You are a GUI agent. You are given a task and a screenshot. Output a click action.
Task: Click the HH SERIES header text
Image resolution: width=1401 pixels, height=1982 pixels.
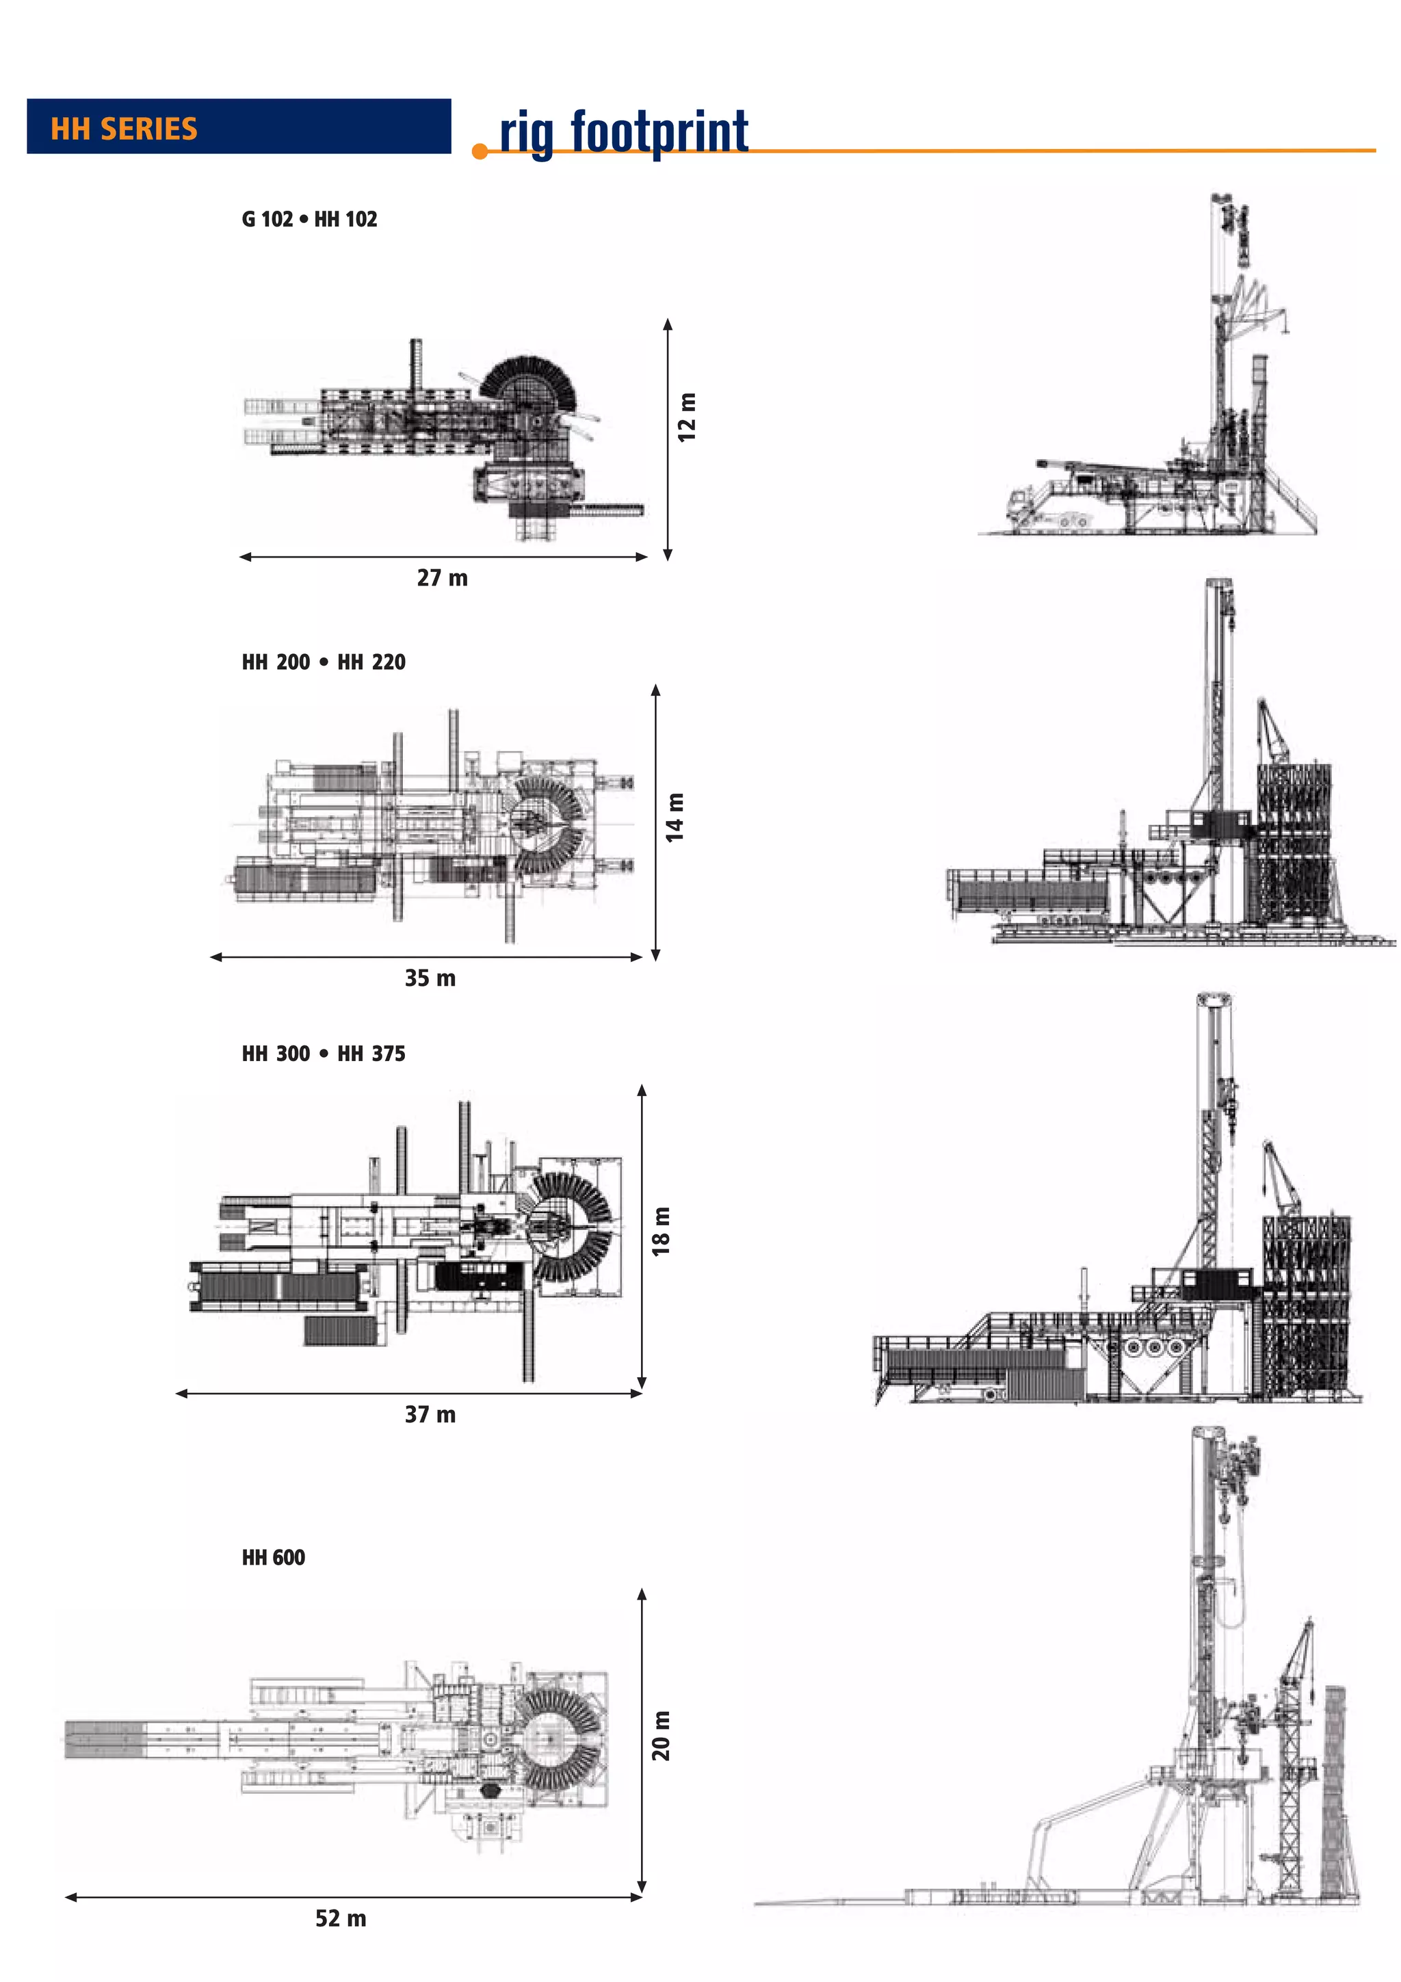point(123,129)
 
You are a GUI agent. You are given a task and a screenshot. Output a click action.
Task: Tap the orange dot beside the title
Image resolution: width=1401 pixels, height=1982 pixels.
point(480,152)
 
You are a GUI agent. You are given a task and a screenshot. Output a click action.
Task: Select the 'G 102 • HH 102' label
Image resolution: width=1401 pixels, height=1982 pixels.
point(309,219)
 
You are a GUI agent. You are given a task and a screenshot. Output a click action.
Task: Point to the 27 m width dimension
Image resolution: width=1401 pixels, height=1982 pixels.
point(442,577)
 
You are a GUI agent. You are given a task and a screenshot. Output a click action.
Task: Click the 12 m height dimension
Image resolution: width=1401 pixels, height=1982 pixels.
point(686,418)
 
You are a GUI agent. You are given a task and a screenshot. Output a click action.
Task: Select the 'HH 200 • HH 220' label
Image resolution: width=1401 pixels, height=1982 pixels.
point(323,662)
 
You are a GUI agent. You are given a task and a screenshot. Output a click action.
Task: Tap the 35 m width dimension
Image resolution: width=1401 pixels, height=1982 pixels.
point(430,978)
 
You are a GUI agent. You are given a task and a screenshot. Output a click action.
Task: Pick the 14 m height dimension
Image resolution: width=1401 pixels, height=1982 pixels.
point(675,817)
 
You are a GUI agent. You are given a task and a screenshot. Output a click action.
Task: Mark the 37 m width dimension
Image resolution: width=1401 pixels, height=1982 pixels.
point(430,1414)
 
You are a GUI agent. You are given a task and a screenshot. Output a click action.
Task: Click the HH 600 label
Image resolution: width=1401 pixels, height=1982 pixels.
point(273,1557)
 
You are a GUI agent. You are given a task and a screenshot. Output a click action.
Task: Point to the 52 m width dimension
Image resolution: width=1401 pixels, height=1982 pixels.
point(340,1918)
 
